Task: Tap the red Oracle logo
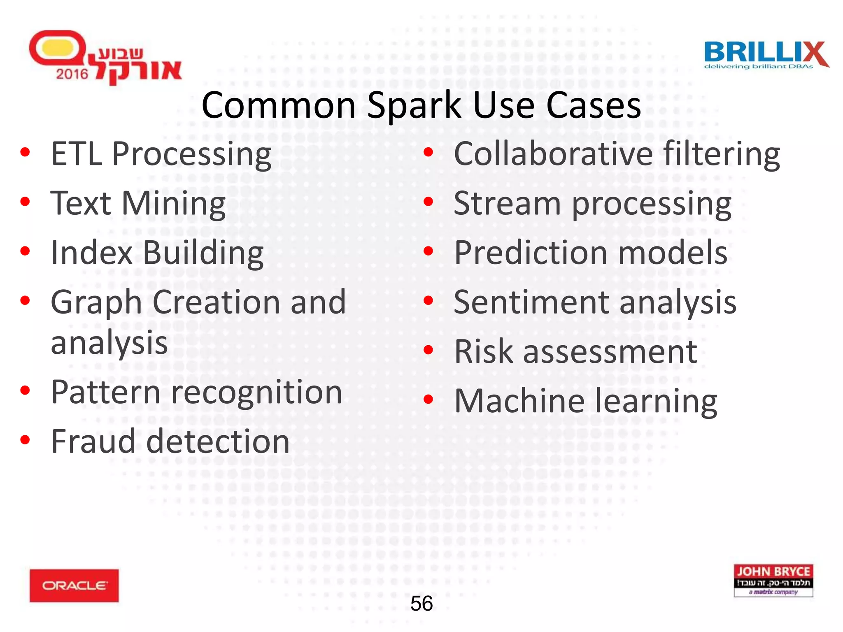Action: (x=74, y=586)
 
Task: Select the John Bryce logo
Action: (x=773, y=580)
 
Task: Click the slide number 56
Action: (x=421, y=604)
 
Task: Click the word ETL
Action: (x=77, y=154)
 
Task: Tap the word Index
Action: (x=91, y=253)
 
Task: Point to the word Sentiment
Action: (x=531, y=302)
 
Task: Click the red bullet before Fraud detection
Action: (x=25, y=440)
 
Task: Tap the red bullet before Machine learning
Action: (x=428, y=399)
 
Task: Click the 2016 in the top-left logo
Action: (x=72, y=74)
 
